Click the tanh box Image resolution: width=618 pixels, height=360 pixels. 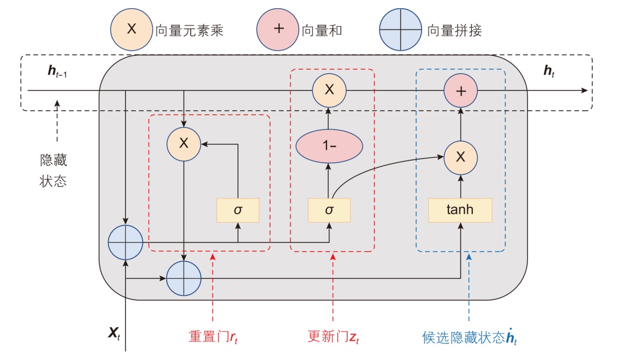(x=460, y=210)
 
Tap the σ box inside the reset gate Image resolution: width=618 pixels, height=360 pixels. (x=238, y=210)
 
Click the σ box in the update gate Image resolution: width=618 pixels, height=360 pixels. (x=329, y=210)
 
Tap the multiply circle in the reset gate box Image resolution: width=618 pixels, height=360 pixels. (x=184, y=144)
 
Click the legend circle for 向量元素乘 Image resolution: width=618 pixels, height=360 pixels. (x=132, y=29)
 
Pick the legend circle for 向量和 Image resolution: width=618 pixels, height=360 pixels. (x=278, y=29)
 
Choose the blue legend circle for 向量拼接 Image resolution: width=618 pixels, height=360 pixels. (x=401, y=30)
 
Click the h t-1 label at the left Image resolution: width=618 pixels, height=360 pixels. (x=57, y=73)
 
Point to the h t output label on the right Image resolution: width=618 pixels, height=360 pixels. (x=549, y=72)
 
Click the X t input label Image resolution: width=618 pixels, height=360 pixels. (x=114, y=334)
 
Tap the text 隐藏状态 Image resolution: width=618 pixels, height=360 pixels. (x=53, y=171)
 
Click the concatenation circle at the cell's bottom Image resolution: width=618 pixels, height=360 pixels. (x=184, y=279)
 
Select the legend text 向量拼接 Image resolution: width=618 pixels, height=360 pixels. (x=454, y=30)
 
